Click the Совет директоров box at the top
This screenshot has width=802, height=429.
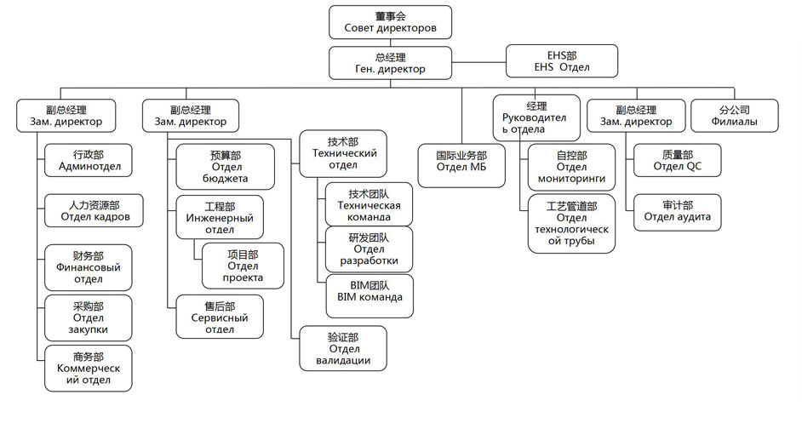[390, 21]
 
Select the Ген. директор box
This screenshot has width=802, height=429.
[390, 62]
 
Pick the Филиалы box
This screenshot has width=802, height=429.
[734, 115]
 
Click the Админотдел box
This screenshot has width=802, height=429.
[89, 160]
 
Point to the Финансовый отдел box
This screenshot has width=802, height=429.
[89, 266]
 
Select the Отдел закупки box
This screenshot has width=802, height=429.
[89, 317]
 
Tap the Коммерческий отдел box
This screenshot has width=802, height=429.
[89, 368]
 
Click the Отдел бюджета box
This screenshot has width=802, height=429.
[226, 166]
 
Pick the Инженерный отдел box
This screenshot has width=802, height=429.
[220, 216]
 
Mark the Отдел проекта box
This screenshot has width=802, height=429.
[243, 266]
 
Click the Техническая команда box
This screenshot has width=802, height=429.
[369, 204]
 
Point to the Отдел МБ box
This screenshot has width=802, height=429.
[461, 161]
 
